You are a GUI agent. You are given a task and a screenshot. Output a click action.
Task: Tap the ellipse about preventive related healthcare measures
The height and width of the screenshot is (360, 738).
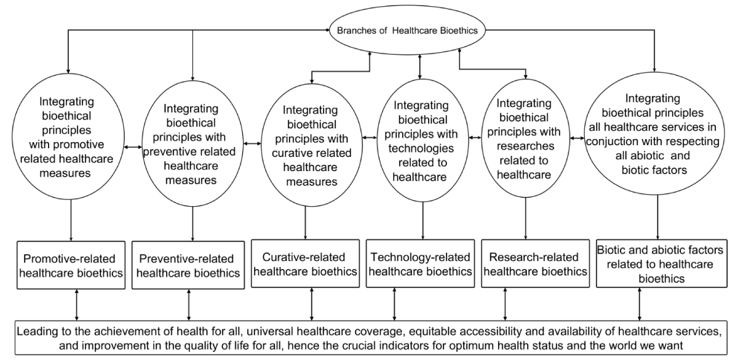click(x=192, y=145)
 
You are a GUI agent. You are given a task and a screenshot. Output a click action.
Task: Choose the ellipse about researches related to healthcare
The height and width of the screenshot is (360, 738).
click(x=525, y=139)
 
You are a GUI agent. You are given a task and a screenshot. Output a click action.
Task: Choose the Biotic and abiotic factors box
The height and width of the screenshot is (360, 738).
click(x=657, y=263)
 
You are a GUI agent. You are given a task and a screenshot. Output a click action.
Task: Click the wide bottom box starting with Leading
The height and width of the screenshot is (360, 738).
click(x=369, y=337)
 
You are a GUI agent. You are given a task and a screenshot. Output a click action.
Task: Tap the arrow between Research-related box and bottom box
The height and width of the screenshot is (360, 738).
click(x=506, y=304)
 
